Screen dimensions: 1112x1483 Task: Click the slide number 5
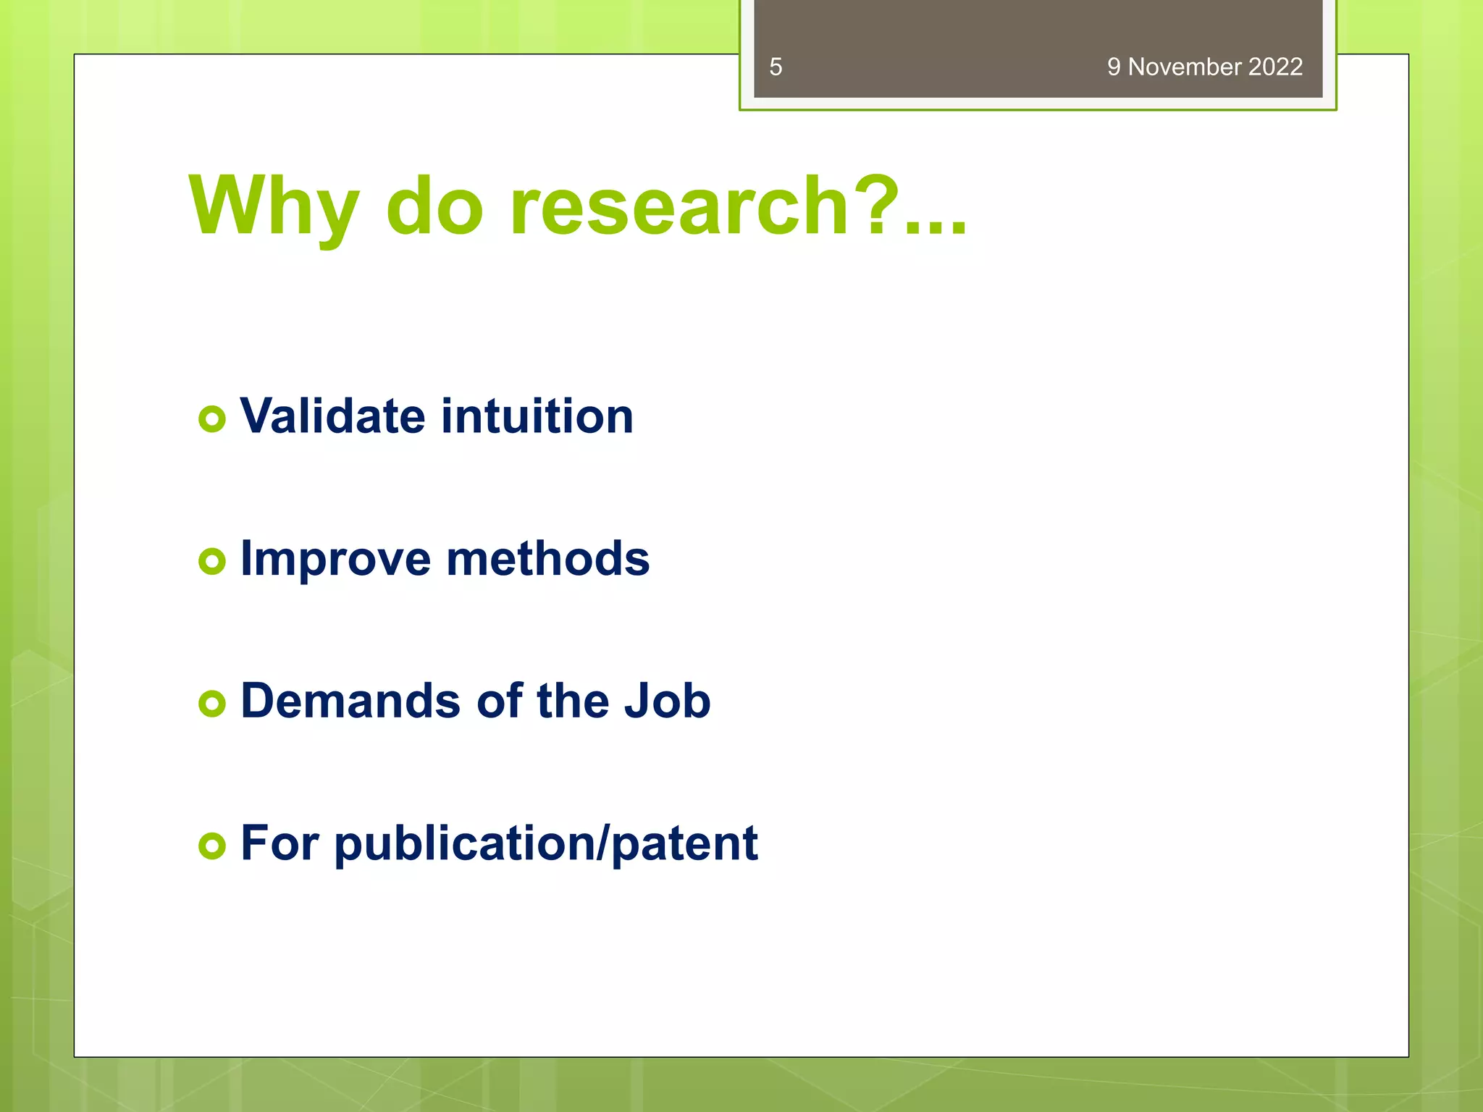[x=776, y=67]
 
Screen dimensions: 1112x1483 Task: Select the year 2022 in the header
[x=1275, y=67]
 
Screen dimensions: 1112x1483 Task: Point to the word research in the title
[x=679, y=208]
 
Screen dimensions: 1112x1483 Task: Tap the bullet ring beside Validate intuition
[x=212, y=419]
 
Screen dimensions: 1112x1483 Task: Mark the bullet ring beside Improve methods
[x=212, y=561]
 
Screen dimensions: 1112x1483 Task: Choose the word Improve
[x=335, y=560]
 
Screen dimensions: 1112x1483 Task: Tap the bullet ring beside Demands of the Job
[x=212, y=703]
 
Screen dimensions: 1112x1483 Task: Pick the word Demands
[x=350, y=701]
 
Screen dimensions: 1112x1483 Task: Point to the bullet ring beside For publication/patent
[x=212, y=845]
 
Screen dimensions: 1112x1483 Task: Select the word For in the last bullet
[x=280, y=843]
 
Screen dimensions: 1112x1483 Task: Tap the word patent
[x=684, y=844]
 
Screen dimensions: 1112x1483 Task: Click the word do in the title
[x=434, y=208]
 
